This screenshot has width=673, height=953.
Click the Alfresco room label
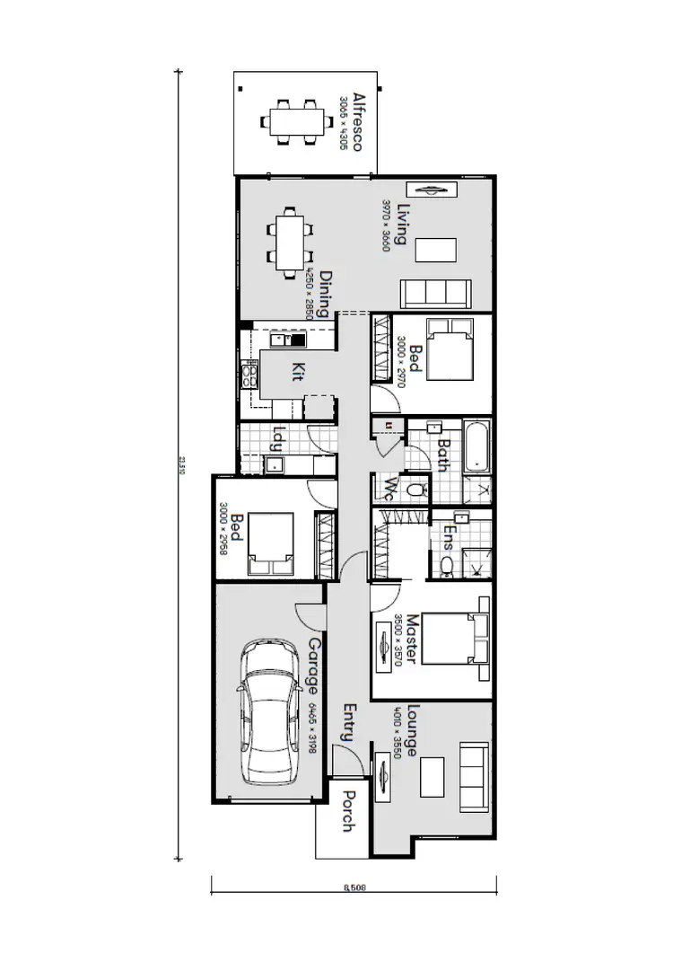pyautogui.click(x=357, y=121)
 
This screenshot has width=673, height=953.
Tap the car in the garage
pyautogui.click(x=269, y=714)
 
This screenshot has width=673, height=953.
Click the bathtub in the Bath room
pyautogui.click(x=477, y=446)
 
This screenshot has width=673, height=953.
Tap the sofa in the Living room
pyautogui.click(x=435, y=293)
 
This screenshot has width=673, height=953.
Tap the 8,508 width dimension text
pyautogui.click(x=354, y=889)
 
